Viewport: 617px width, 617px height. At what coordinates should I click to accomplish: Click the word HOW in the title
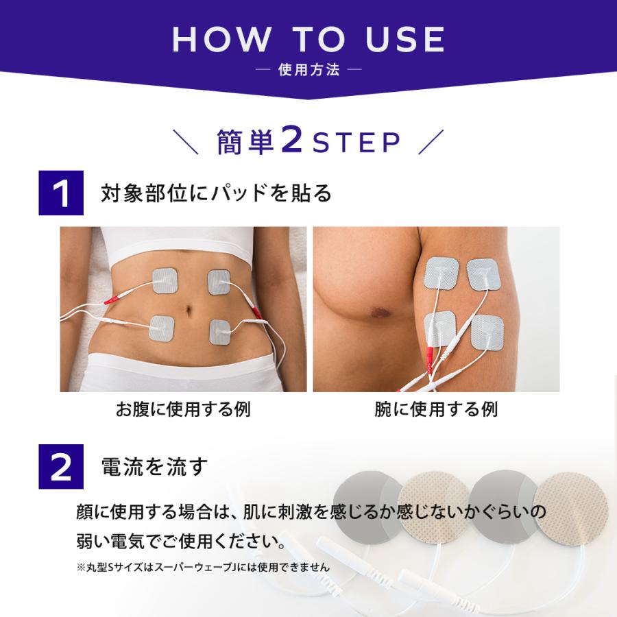point(222,39)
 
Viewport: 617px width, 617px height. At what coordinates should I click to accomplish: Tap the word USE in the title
point(405,39)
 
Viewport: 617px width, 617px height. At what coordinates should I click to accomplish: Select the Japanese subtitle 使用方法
point(308,70)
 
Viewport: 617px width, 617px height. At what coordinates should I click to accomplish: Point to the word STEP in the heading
point(356,142)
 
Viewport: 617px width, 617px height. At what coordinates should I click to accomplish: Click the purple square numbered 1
point(61,193)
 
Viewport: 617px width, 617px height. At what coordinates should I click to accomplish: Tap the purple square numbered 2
point(61,467)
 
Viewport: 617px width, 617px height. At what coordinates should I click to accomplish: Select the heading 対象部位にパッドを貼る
point(216,193)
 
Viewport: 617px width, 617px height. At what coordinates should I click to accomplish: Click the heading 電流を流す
point(154,467)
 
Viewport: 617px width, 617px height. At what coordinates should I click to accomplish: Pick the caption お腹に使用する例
point(183,409)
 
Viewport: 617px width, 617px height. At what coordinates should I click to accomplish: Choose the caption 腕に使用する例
point(436,409)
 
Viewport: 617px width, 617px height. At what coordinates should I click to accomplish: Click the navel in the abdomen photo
point(189,310)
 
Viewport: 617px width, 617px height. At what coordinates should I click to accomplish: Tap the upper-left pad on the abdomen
point(165,280)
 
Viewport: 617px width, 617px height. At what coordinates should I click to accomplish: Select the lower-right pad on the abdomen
point(220,332)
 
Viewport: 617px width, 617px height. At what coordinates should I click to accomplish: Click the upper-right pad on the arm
point(483,274)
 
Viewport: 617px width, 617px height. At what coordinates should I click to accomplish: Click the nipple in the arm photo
point(380,313)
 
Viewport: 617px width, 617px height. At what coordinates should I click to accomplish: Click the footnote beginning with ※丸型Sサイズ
point(203,567)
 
